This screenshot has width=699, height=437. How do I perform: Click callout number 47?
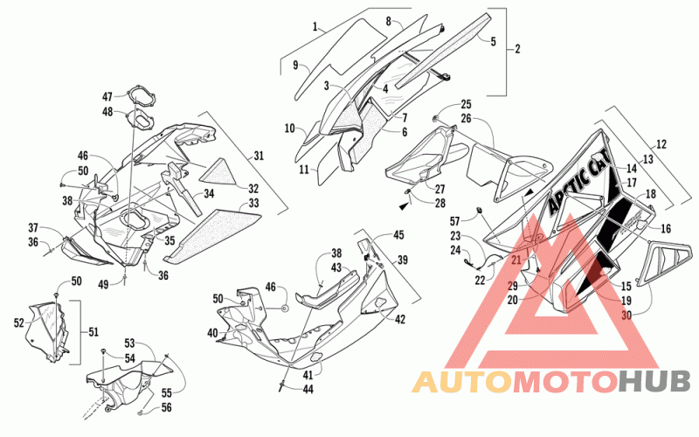(x=107, y=96)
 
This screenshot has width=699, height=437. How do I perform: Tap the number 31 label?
(x=259, y=156)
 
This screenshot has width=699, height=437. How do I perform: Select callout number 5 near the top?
(x=493, y=41)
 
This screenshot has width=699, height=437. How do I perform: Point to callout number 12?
(x=661, y=144)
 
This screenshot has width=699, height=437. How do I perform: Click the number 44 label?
(x=308, y=389)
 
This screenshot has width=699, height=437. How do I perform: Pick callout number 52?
(x=18, y=323)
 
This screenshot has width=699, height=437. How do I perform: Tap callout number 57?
(x=454, y=221)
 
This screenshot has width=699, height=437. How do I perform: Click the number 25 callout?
(x=466, y=104)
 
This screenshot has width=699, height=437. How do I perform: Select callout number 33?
(x=253, y=203)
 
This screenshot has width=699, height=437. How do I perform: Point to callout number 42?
(x=400, y=319)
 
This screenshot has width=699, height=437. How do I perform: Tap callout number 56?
(x=166, y=407)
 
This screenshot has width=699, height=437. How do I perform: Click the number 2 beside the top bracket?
(x=517, y=49)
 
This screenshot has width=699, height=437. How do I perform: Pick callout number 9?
(x=295, y=65)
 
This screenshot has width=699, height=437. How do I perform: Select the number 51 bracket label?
(x=93, y=332)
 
